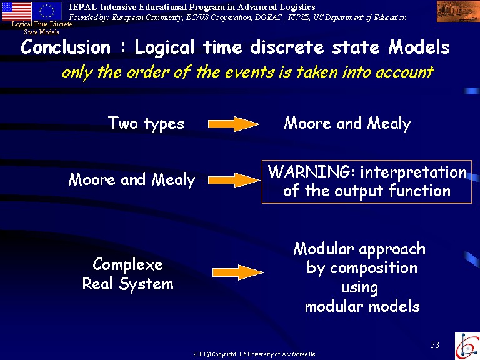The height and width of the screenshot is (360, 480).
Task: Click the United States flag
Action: (16, 11)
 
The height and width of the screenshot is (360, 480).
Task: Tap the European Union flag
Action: (47, 11)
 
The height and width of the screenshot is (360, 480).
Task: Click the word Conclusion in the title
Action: (66, 47)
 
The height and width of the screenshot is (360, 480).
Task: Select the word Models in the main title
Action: (419, 47)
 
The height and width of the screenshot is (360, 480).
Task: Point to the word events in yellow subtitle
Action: (249, 72)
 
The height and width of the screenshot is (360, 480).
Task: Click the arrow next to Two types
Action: (234, 124)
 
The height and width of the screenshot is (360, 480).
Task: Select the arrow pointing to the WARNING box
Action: (234, 180)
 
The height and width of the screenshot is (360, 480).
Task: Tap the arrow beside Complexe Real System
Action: (238, 272)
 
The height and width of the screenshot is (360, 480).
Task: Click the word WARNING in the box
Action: (309, 171)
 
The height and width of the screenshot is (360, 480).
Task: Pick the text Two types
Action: (146, 124)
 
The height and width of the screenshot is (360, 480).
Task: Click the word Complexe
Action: (127, 265)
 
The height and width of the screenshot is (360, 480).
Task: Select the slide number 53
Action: (435, 345)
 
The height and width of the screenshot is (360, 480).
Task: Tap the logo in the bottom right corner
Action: (467, 346)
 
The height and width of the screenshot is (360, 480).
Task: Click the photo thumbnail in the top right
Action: (458, 12)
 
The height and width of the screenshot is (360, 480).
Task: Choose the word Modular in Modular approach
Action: (324, 249)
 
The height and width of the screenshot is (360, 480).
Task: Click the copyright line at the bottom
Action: (254, 354)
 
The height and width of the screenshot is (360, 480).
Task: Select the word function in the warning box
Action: (420, 191)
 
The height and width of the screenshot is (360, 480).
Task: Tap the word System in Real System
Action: (146, 284)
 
